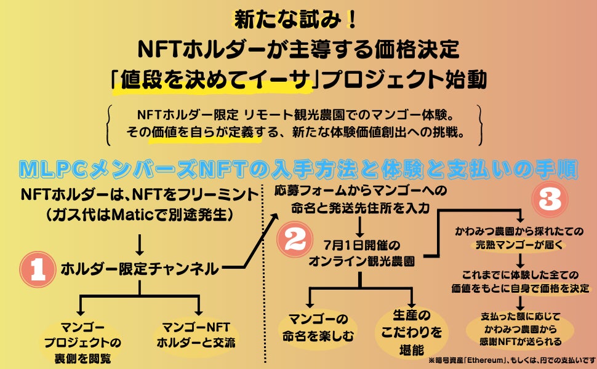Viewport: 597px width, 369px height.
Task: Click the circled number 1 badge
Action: pyautogui.click(x=36, y=268)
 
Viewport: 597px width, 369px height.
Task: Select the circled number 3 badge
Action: pyautogui.click(x=550, y=198)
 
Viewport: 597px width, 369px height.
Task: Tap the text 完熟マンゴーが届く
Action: pyautogui.click(x=521, y=244)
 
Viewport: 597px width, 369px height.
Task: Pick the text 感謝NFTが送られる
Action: pyautogui.click(x=522, y=342)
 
